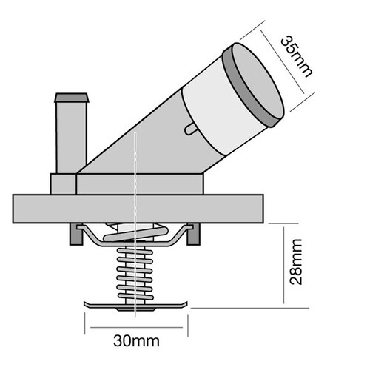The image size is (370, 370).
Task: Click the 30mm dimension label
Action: [137, 342]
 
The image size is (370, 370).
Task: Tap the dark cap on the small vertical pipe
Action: [71, 97]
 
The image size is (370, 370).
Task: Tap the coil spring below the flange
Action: [137, 270]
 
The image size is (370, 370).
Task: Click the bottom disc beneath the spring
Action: [137, 304]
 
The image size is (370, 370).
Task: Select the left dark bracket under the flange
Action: [75, 235]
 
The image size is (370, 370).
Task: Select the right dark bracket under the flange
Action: [195, 235]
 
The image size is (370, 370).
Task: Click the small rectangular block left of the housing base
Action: [63, 183]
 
